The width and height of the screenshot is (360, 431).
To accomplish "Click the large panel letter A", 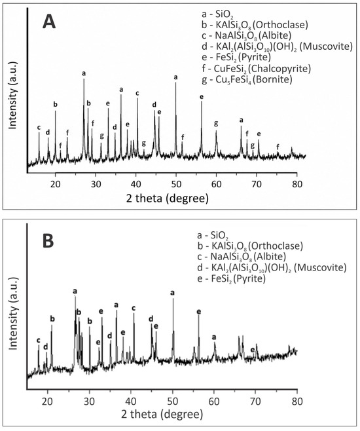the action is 49,22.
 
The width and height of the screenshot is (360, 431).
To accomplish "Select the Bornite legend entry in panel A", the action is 247,79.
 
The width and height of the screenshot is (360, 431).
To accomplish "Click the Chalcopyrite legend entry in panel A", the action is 256,68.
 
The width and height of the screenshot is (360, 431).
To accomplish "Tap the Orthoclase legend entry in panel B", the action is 250,246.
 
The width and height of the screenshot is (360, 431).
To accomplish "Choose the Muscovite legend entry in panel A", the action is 277,47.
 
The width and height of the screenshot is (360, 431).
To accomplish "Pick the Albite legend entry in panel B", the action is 242,257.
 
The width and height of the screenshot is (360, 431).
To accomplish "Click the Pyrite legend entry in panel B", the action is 231,278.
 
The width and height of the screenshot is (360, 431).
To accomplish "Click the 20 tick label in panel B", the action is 48,401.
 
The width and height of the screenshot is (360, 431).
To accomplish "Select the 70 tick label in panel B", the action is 255,401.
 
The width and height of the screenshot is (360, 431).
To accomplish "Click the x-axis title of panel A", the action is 167,198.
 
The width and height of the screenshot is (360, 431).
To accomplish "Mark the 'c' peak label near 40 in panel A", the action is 137,94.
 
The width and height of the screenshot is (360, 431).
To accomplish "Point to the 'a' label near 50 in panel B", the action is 172,293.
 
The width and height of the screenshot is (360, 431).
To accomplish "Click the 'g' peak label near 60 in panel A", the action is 216,123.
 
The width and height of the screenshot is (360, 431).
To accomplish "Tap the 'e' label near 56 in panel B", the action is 199,312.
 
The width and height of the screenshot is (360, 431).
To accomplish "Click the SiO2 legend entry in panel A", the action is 218,14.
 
